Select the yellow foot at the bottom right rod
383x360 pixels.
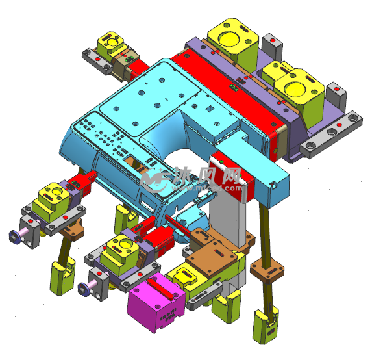(266, 325)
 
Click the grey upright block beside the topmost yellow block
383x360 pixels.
(272, 47)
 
